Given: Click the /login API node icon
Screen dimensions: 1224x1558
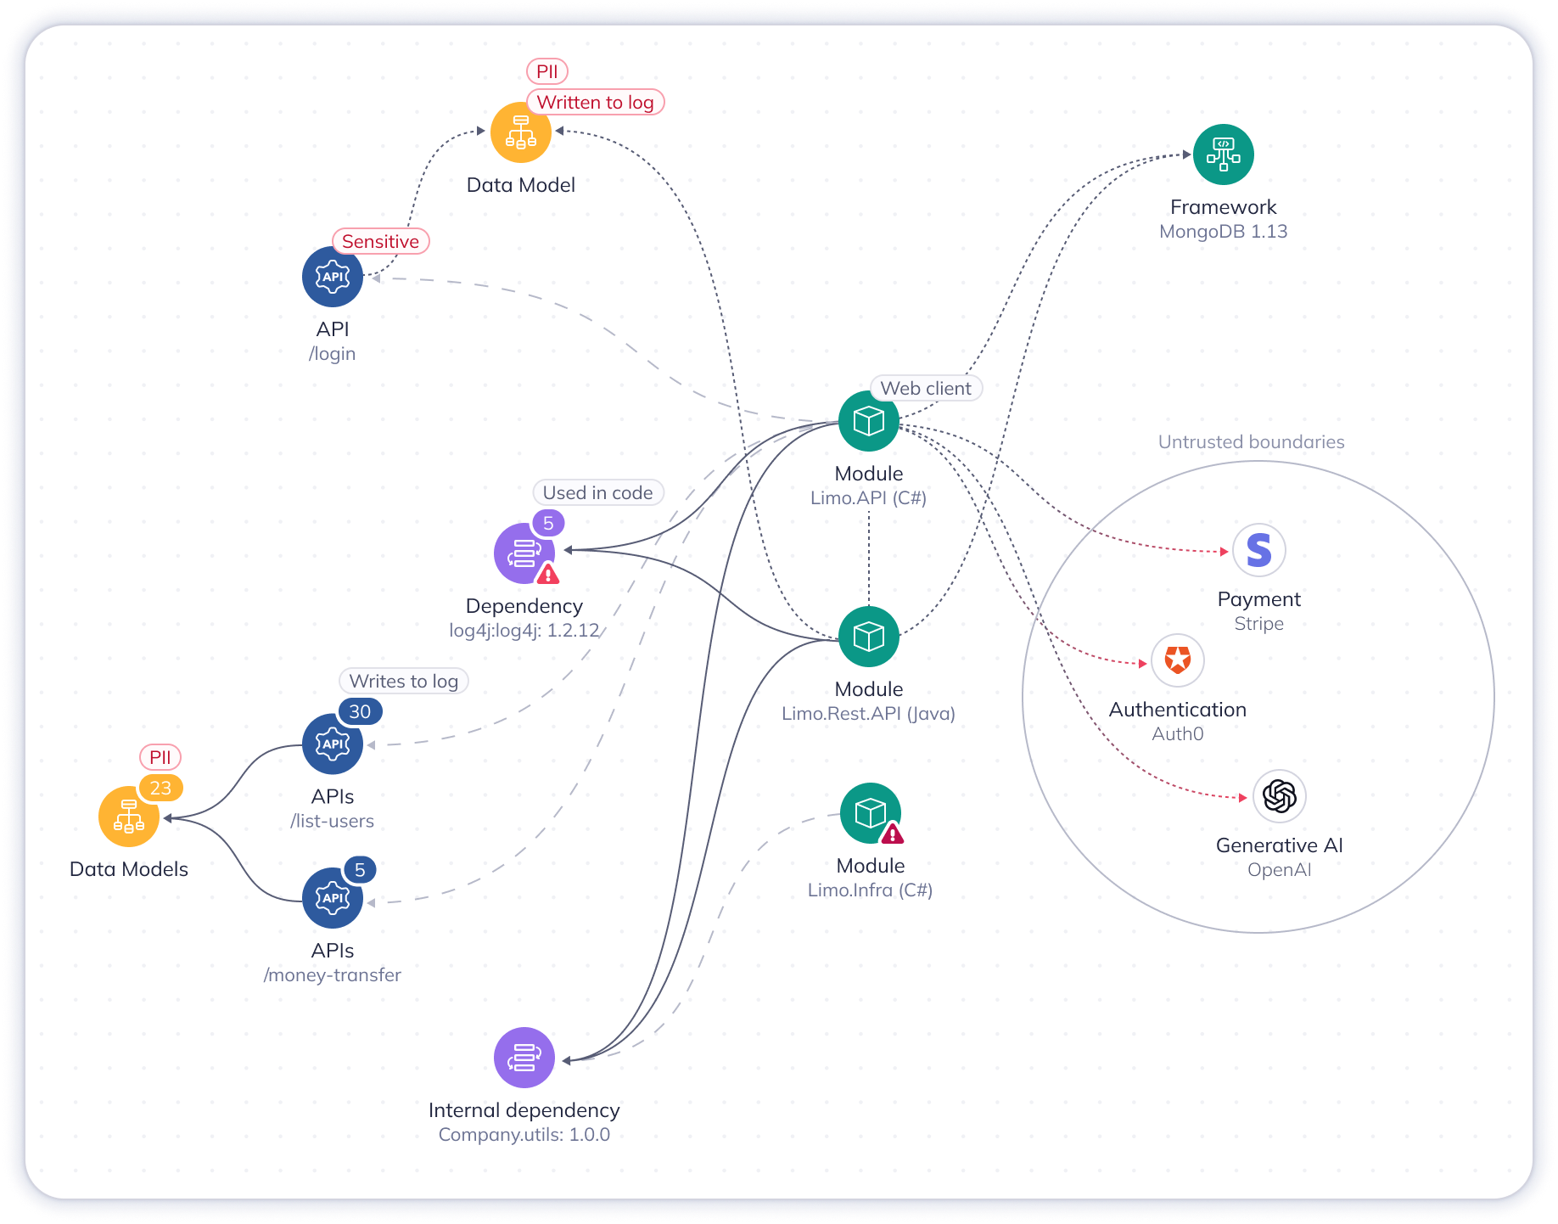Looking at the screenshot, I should pyautogui.click(x=333, y=277).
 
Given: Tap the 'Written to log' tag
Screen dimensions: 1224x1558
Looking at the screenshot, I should pyautogui.click(x=595, y=103).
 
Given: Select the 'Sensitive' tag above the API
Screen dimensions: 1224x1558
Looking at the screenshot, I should pyautogui.click(x=380, y=242).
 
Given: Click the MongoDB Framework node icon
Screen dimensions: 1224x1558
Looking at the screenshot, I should pyautogui.click(x=1223, y=154).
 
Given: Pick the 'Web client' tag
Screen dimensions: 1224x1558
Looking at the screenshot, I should pyautogui.click(x=925, y=389).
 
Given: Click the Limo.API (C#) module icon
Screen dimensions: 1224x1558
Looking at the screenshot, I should pyautogui.click(x=868, y=421).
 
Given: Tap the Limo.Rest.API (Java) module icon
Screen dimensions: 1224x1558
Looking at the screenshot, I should pyautogui.click(x=868, y=637).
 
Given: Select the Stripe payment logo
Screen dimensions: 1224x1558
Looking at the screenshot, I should pyautogui.click(x=1258, y=551).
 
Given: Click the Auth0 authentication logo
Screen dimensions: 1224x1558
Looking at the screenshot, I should pyautogui.click(x=1177, y=660).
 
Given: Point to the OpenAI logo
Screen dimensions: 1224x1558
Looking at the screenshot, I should pyautogui.click(x=1279, y=796).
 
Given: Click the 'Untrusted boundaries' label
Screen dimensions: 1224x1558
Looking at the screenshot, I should pyautogui.click(x=1251, y=442).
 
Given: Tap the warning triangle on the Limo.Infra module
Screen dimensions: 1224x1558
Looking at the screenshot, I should pyautogui.click(x=892, y=834).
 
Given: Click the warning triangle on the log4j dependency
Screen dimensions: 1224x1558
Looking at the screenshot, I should pyautogui.click(x=548, y=575).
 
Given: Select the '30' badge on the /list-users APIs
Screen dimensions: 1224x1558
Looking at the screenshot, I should pyautogui.click(x=360, y=712).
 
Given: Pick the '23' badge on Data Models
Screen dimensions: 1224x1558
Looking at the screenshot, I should pyautogui.click(x=160, y=789).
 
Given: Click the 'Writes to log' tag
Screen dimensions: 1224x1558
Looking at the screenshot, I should pyautogui.click(x=403, y=682).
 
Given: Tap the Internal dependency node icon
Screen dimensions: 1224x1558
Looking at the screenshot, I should pyautogui.click(x=524, y=1058).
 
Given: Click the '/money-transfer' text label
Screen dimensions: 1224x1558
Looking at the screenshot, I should pyautogui.click(x=332, y=975).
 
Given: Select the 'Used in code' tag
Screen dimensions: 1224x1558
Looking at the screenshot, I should pyautogui.click(x=597, y=493).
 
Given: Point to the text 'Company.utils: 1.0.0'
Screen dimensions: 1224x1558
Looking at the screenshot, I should pyautogui.click(x=524, y=1135).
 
